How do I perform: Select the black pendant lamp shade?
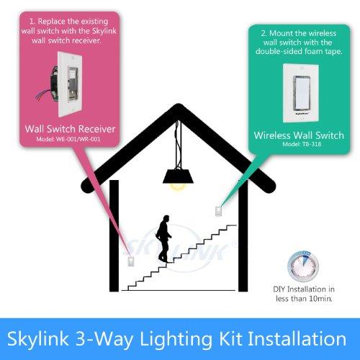pos(175,175)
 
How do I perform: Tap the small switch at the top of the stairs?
pos(217,210)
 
